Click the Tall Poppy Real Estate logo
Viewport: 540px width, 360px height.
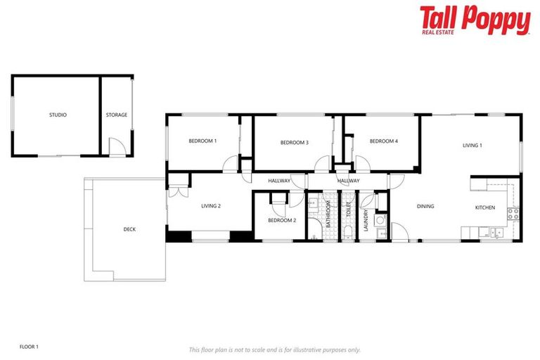coord(475,20)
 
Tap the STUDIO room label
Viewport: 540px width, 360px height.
coord(58,115)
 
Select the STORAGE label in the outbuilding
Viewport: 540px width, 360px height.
coord(117,115)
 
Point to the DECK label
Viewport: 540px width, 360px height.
coord(129,229)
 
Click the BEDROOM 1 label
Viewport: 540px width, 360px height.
coord(202,141)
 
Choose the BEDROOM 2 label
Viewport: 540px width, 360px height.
coord(281,221)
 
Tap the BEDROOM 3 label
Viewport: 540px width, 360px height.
coord(294,143)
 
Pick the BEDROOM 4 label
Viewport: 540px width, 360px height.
coord(384,141)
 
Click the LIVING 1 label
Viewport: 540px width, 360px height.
coord(472,146)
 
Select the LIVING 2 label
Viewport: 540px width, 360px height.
coord(211,206)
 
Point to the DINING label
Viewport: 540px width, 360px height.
coord(425,207)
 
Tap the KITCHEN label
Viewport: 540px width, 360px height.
coord(485,207)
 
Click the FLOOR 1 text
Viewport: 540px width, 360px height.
coord(29,347)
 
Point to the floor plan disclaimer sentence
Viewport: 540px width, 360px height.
coord(274,349)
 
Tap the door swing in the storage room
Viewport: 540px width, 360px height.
coord(117,147)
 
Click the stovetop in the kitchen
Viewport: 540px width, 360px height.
coord(513,214)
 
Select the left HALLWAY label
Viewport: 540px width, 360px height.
coord(279,181)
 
